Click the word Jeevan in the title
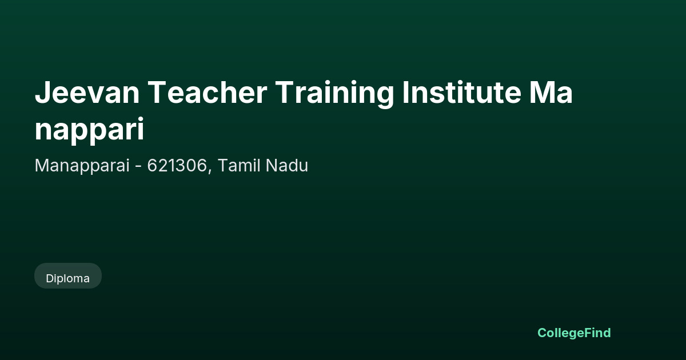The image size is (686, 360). tap(87, 92)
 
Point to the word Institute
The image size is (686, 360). tap(461, 92)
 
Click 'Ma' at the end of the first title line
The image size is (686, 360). tap(551, 92)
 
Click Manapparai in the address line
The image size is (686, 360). tap(82, 166)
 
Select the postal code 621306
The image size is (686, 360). tap(177, 165)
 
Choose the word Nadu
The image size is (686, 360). tap(287, 165)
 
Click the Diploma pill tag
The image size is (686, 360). tap(68, 276)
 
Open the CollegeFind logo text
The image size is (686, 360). tap(574, 333)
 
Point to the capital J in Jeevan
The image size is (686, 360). tap(42, 93)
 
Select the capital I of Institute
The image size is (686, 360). tap(405, 93)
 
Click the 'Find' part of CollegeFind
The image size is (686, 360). tap(598, 333)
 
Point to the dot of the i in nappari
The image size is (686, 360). tap(141, 119)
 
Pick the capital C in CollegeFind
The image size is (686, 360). tap(543, 333)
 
